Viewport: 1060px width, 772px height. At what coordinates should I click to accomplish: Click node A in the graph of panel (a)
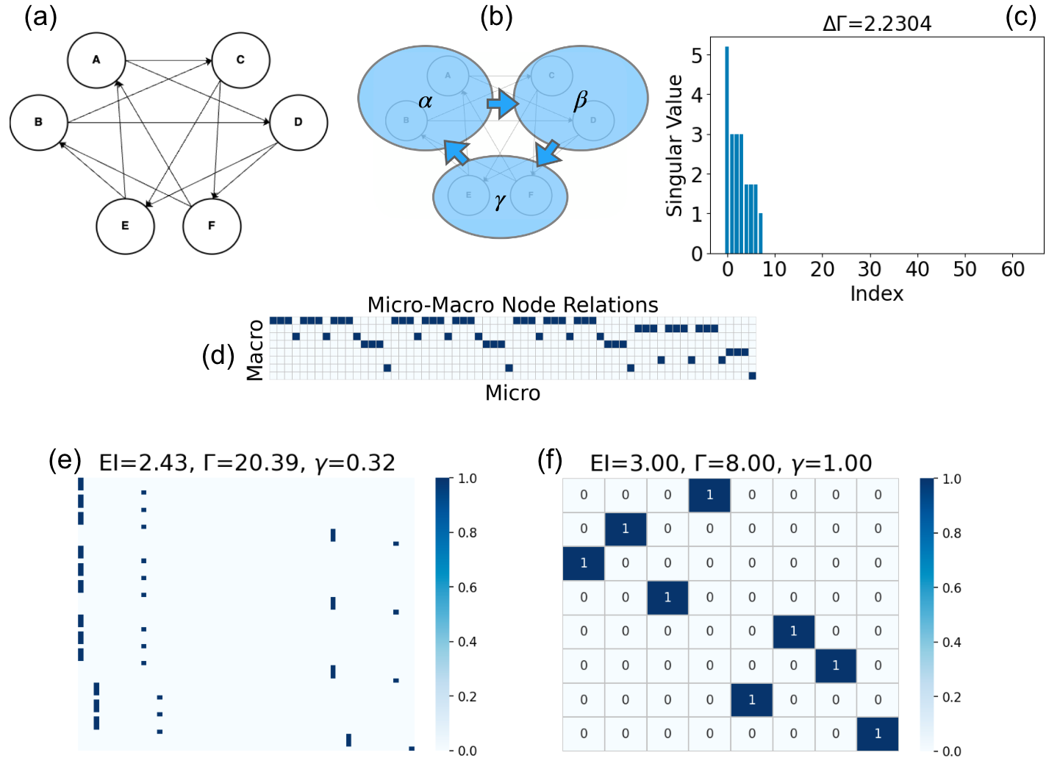tap(96, 60)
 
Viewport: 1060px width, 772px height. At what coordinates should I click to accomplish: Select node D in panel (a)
tap(298, 122)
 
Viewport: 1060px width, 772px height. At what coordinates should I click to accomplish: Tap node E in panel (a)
tap(125, 226)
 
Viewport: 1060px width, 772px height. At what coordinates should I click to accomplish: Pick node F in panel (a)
tap(212, 226)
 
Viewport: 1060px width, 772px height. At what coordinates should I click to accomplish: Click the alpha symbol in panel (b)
tap(425, 101)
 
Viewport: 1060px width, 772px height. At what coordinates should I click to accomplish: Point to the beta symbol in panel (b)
tap(581, 101)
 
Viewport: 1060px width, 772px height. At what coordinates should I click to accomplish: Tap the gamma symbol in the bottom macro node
tap(501, 201)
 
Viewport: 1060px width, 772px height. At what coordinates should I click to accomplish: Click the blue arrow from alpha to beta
tap(503, 104)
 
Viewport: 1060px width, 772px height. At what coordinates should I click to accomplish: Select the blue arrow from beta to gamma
tap(548, 153)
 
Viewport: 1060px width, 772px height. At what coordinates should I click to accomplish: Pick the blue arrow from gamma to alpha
tap(456, 151)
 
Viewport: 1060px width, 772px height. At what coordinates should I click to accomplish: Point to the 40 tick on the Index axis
tap(917, 270)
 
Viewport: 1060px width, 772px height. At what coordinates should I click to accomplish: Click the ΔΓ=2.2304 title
tap(877, 24)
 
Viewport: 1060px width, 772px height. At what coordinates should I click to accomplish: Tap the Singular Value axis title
tap(674, 146)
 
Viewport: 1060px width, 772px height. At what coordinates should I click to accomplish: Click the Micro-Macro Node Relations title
tap(512, 304)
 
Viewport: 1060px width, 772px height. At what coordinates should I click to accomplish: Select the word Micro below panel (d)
tap(512, 393)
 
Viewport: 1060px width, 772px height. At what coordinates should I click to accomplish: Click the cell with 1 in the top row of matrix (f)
tap(709, 495)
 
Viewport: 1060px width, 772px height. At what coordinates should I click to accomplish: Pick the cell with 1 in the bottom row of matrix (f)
tap(878, 734)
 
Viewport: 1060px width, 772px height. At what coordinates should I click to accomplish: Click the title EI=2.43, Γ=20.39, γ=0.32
tap(247, 462)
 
